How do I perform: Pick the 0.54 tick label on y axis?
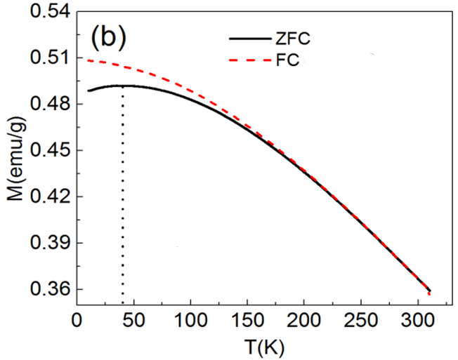pyautogui.click(x=45, y=12)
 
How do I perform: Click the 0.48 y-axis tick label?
pyautogui.click(x=45, y=104)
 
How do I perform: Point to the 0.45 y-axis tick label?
pyautogui.click(x=45, y=150)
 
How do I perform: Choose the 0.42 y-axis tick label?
pyautogui.click(x=45, y=196)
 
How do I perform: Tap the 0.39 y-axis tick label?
pyautogui.click(x=45, y=243)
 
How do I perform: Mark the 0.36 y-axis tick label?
pyautogui.click(x=45, y=289)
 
